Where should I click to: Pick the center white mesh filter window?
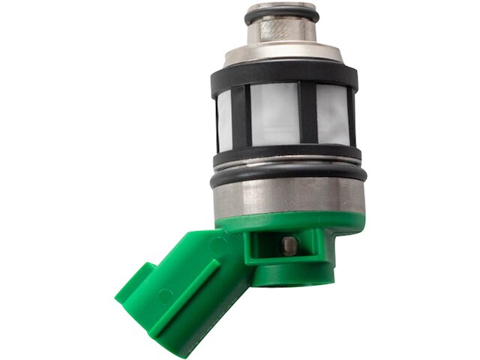coord(275,113)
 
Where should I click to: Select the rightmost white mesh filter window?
coord(331,113)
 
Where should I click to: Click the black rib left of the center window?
coord(241,116)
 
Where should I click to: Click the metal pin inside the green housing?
coord(289,244)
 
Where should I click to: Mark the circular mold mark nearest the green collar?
coord(218,244)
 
